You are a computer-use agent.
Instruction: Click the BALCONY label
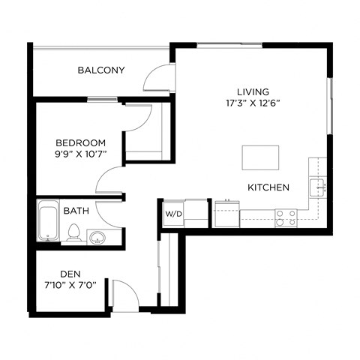click(100, 70)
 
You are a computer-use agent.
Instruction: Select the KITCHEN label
click(268, 187)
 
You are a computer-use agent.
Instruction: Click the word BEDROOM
click(81, 142)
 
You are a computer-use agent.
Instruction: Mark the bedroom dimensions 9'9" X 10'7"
click(81, 154)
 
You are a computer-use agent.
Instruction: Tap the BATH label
click(75, 211)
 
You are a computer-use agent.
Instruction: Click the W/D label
click(173, 214)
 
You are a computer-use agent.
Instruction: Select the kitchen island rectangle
click(260, 157)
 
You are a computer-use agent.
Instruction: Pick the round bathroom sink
click(97, 238)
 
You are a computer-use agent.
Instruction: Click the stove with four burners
click(285, 217)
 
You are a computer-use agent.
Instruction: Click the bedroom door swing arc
click(109, 180)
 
